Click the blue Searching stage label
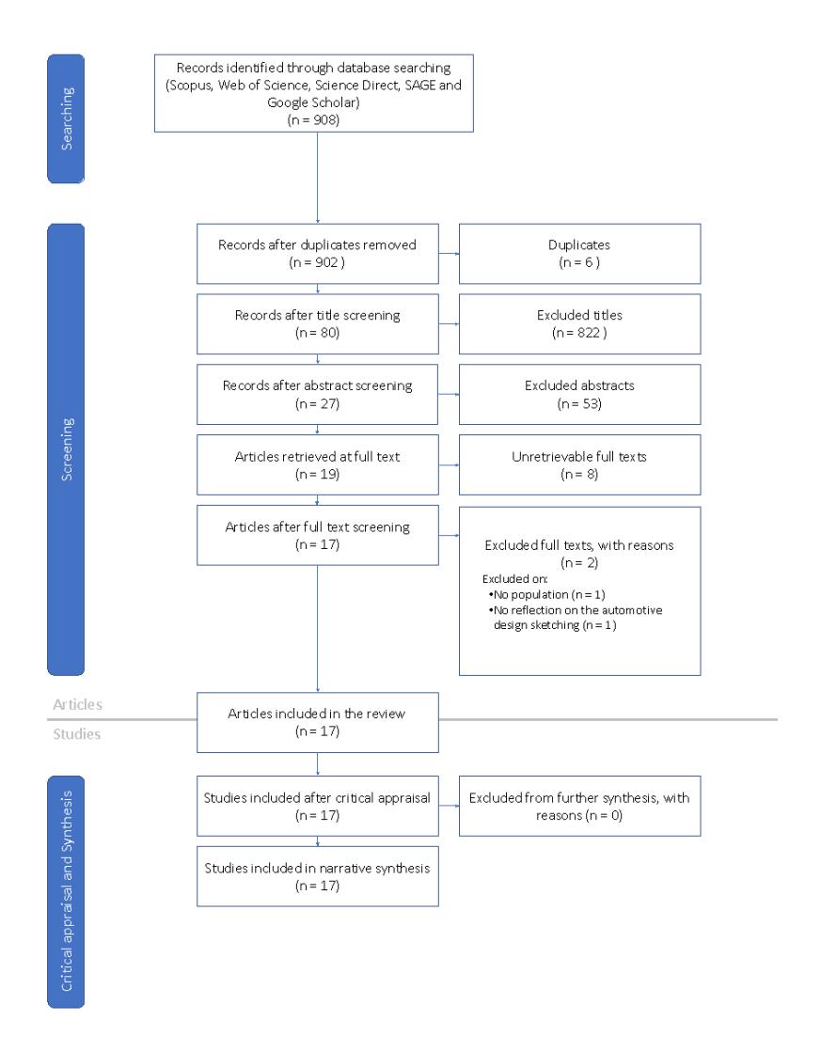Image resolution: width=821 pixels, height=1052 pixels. [66, 118]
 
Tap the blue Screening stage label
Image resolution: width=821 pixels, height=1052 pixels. [66, 449]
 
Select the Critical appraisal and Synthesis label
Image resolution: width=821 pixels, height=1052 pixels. [66, 891]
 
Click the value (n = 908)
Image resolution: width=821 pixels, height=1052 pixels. [313, 120]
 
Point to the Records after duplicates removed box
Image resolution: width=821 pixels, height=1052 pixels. [318, 254]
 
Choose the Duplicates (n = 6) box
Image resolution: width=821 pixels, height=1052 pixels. [579, 254]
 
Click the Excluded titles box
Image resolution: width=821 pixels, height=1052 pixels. [579, 324]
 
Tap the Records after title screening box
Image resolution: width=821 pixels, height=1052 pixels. [318, 324]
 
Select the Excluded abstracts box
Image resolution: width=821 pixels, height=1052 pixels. [579, 395]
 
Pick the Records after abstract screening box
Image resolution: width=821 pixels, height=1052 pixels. [318, 395]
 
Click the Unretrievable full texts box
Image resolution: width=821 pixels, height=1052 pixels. [579, 465]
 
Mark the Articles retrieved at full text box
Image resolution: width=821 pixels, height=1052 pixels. [318, 465]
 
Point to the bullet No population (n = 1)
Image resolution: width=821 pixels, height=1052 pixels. [547, 594]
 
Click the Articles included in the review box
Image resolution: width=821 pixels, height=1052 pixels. [318, 723]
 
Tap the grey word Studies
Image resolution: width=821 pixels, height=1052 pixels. [76, 734]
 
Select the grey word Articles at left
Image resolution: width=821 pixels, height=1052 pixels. [77, 704]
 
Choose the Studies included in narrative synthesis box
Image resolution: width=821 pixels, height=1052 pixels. [318, 876]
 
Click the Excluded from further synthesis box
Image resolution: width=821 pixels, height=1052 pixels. [579, 806]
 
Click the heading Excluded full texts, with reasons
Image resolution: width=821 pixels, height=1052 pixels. [579, 545]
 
